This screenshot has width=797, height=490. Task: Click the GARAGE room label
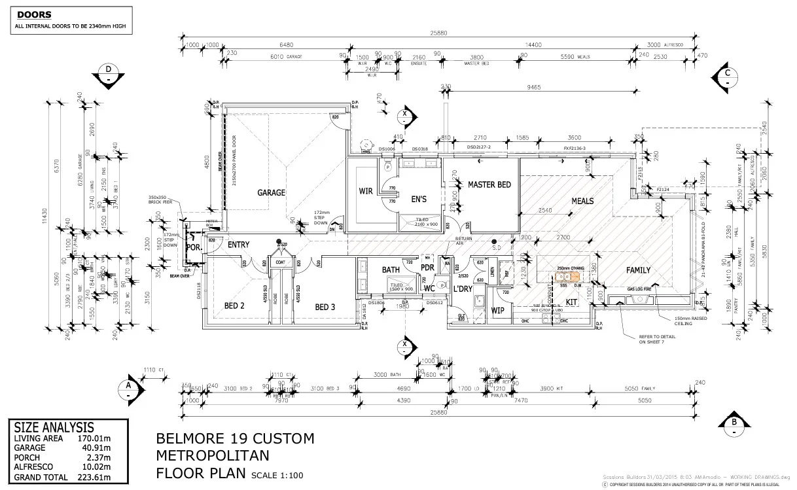(x=271, y=192)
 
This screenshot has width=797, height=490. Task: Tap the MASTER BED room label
(x=489, y=185)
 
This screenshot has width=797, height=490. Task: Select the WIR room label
(x=366, y=192)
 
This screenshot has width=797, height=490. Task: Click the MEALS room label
(x=582, y=200)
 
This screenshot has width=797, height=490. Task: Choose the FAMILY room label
(x=638, y=270)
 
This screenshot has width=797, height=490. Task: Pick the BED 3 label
(x=325, y=307)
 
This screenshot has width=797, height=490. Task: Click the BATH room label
(x=391, y=270)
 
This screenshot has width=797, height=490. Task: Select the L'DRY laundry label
(x=462, y=289)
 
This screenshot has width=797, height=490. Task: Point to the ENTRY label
(x=239, y=245)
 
